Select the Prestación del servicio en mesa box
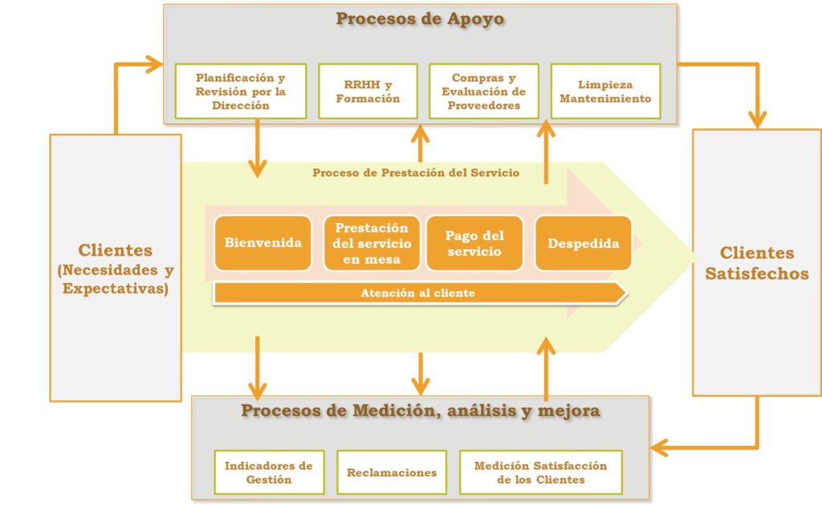[371, 243]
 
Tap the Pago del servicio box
[474, 243]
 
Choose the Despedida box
[583, 243]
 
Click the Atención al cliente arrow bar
[417, 293]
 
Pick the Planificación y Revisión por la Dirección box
[240, 91]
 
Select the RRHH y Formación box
[368, 91]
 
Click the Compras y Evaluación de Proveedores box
[483, 91]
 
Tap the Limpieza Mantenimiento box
[605, 91]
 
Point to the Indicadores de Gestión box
[269, 472]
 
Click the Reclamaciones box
[392, 472]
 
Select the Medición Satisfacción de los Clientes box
[540, 472]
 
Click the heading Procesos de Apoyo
[420, 18]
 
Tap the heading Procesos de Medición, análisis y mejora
[420, 411]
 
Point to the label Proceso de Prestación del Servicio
[416, 172]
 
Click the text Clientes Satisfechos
[756, 263]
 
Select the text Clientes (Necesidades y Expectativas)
[116, 269]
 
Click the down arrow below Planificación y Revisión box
[257, 148]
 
